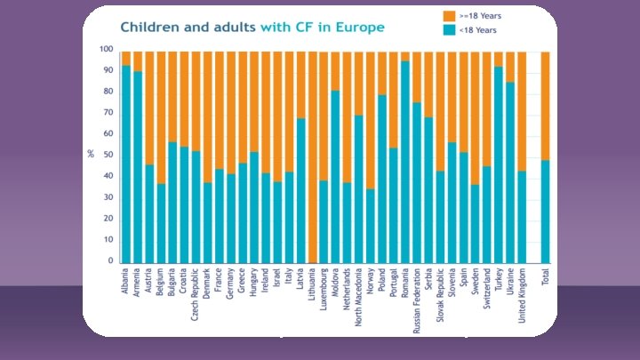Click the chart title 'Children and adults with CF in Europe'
point(252,27)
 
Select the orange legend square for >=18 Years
point(449,16)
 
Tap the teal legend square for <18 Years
point(449,30)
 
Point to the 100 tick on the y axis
point(107,50)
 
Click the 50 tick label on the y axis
point(108,156)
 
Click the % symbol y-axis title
point(91,154)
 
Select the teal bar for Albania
point(126,164)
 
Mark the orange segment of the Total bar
point(545,106)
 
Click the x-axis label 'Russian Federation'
point(417,303)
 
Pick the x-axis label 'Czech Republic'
point(196,297)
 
